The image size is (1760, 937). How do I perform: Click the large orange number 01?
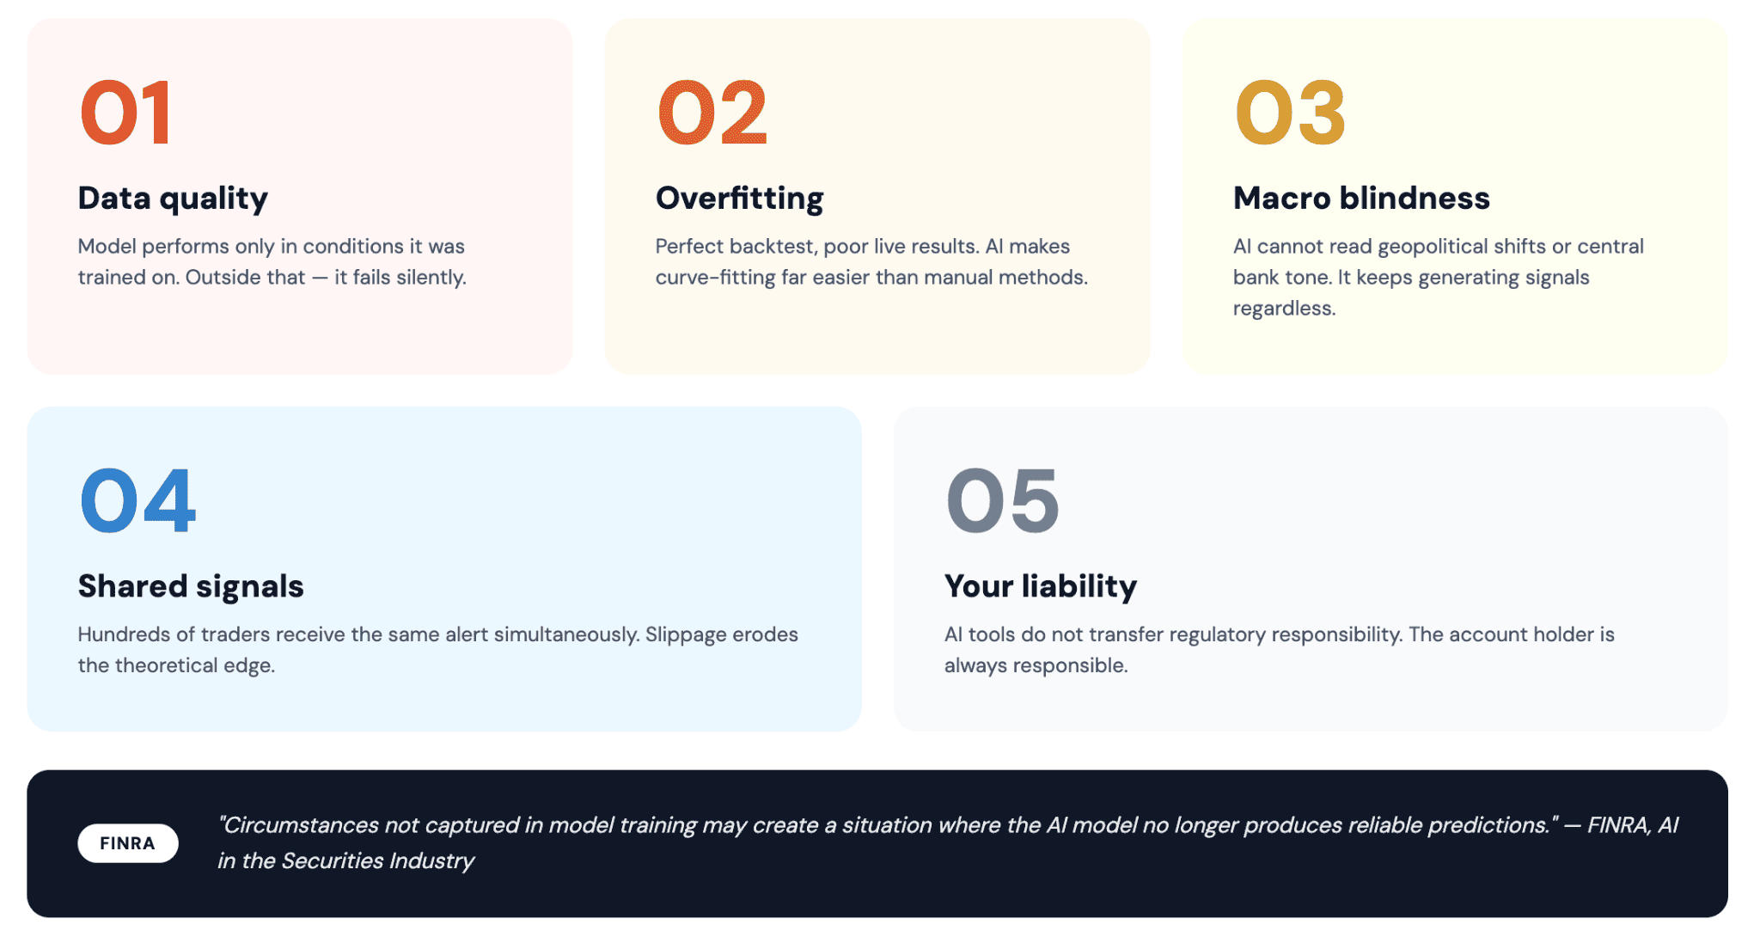pyautogui.click(x=126, y=113)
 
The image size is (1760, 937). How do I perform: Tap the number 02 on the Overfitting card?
pyautogui.click(x=712, y=113)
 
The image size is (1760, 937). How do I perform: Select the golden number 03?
pyautogui.click(x=1290, y=113)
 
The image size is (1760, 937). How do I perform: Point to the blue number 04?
pyautogui.click(x=137, y=500)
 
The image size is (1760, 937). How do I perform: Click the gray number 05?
pyautogui.click(x=1003, y=500)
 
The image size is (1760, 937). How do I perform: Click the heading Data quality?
pyautogui.click(x=173, y=199)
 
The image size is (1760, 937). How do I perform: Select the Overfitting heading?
pyautogui.click(x=739, y=199)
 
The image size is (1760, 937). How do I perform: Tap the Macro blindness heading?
pyautogui.click(x=1361, y=199)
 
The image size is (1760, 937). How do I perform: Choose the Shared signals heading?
pyautogui.click(x=191, y=586)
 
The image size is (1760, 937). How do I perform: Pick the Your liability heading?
pyautogui.click(x=1041, y=586)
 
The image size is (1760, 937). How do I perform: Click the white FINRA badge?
pyautogui.click(x=128, y=843)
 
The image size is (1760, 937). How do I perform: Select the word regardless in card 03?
pyautogui.click(x=1284, y=309)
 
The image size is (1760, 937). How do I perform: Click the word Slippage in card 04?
pyautogui.click(x=686, y=635)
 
